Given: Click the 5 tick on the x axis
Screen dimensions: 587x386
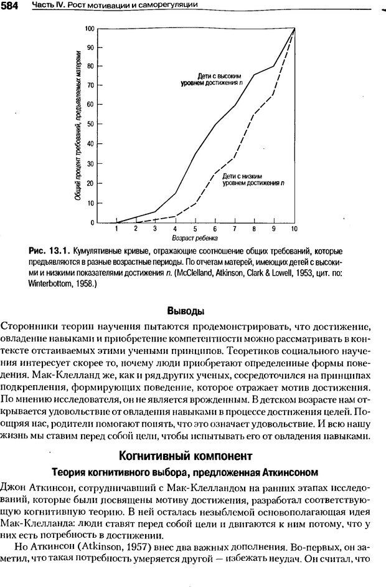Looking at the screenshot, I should pyautogui.click(x=195, y=229).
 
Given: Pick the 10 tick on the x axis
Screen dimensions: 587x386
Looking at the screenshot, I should pyautogui.click(x=293, y=229).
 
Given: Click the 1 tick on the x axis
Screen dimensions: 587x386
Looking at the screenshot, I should pyautogui.click(x=116, y=229).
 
